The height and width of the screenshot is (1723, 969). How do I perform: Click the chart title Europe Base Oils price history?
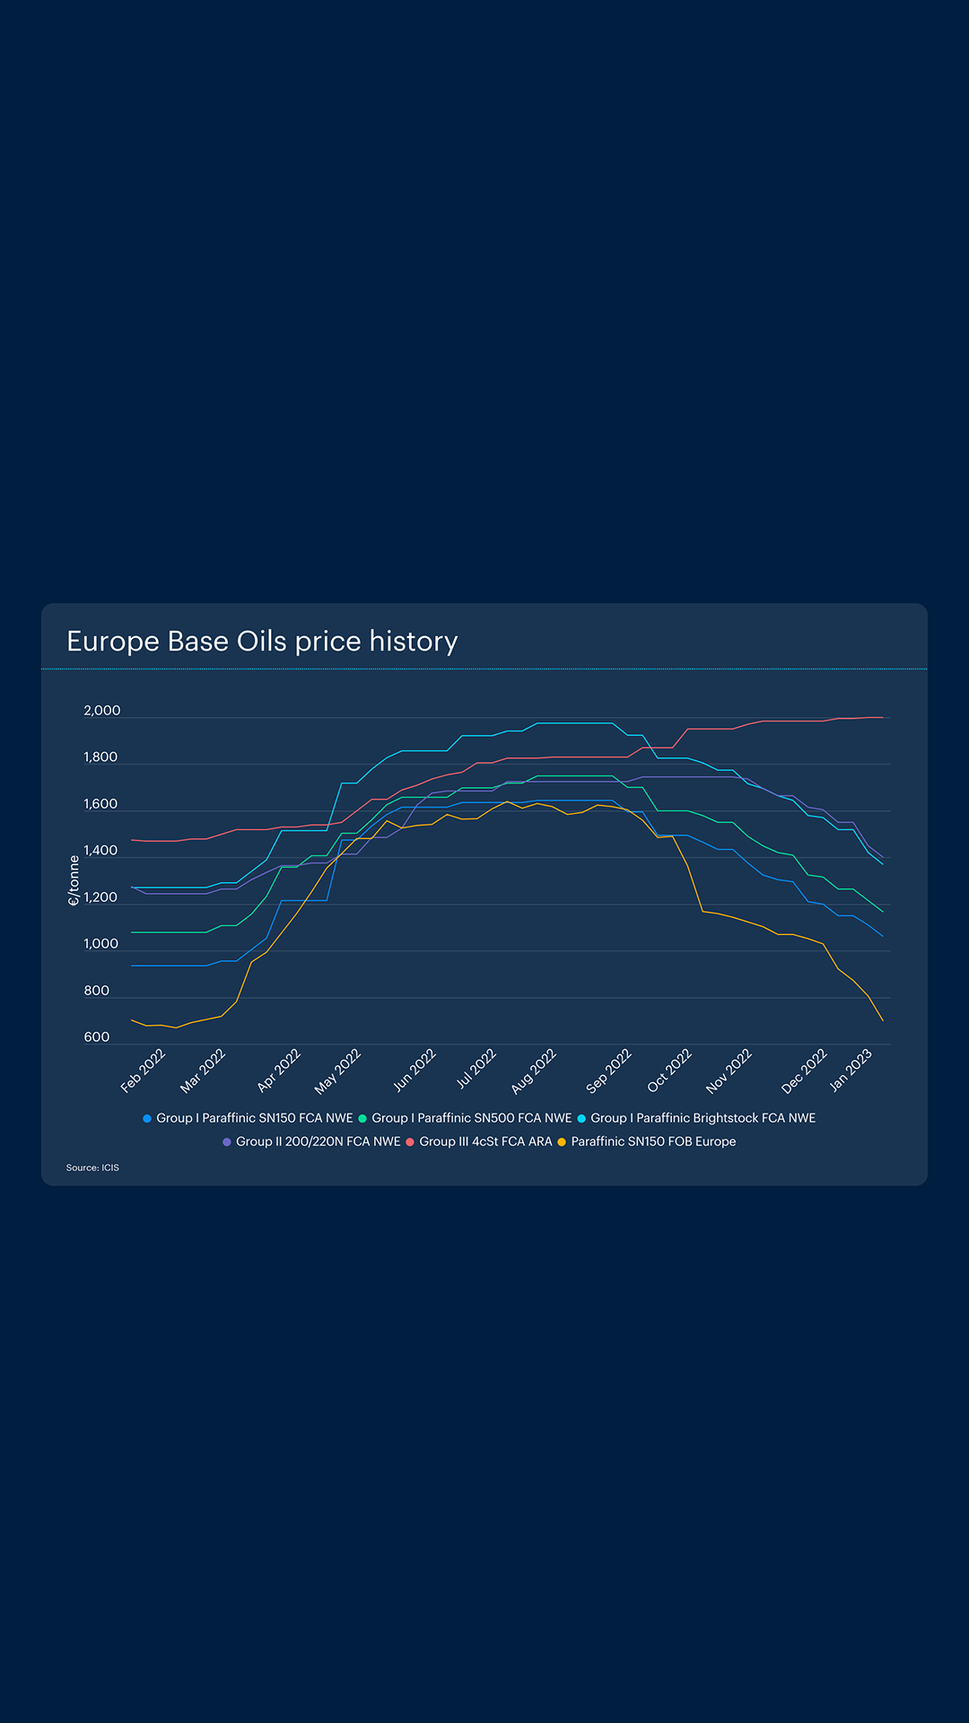click(262, 642)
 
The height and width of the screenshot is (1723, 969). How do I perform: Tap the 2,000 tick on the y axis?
click(101, 711)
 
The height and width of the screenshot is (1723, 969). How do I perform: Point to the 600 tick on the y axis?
click(96, 1037)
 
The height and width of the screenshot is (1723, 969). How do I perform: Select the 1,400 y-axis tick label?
click(100, 851)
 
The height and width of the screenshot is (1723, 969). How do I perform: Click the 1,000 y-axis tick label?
click(100, 944)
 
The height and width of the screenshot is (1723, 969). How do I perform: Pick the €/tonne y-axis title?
click(74, 880)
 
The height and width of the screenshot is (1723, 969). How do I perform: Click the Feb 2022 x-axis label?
click(144, 1070)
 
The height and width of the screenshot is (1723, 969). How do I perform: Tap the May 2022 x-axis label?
click(337, 1071)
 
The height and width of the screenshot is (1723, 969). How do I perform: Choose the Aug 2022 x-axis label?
click(534, 1071)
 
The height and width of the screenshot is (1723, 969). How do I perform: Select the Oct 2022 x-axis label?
click(669, 1071)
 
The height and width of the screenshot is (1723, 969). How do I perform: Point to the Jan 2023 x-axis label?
click(851, 1070)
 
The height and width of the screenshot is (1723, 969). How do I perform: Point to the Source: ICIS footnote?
click(92, 1168)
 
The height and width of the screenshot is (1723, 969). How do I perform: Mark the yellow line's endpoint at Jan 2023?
click(883, 1020)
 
